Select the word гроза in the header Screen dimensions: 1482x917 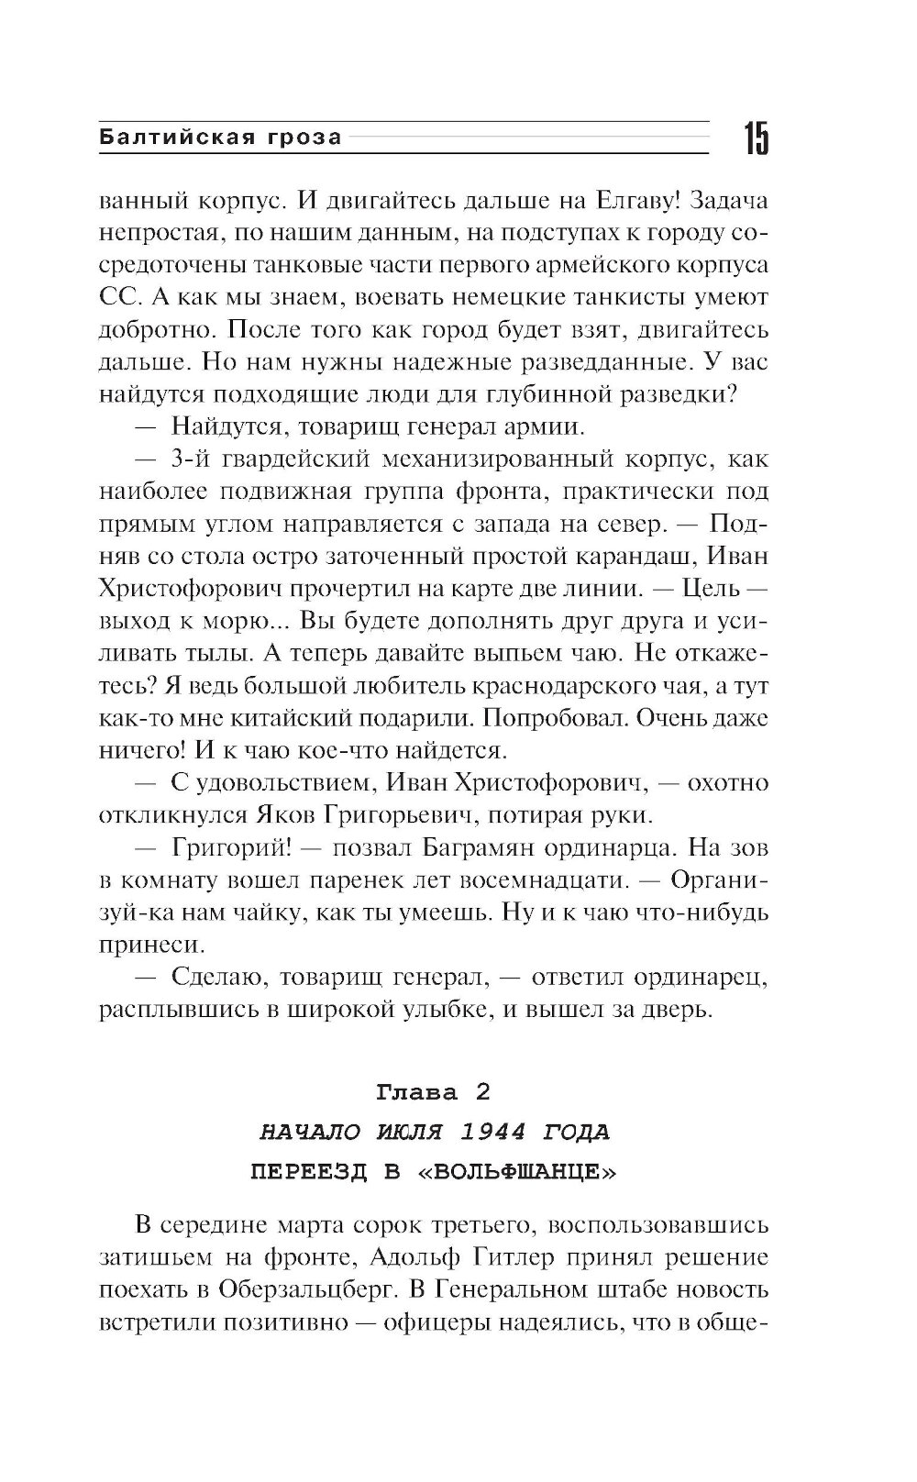click(305, 138)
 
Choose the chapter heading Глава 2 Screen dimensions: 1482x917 click(433, 1092)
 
